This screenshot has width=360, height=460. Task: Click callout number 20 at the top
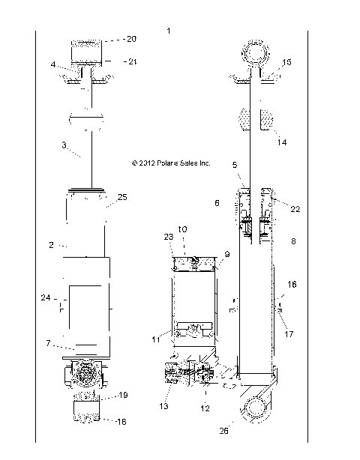tap(110, 38)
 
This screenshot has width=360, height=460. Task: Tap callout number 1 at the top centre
tap(169, 31)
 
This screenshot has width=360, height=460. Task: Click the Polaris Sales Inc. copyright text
tap(172, 162)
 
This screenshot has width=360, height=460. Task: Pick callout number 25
tap(122, 197)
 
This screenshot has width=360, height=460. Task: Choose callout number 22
tap(295, 209)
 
